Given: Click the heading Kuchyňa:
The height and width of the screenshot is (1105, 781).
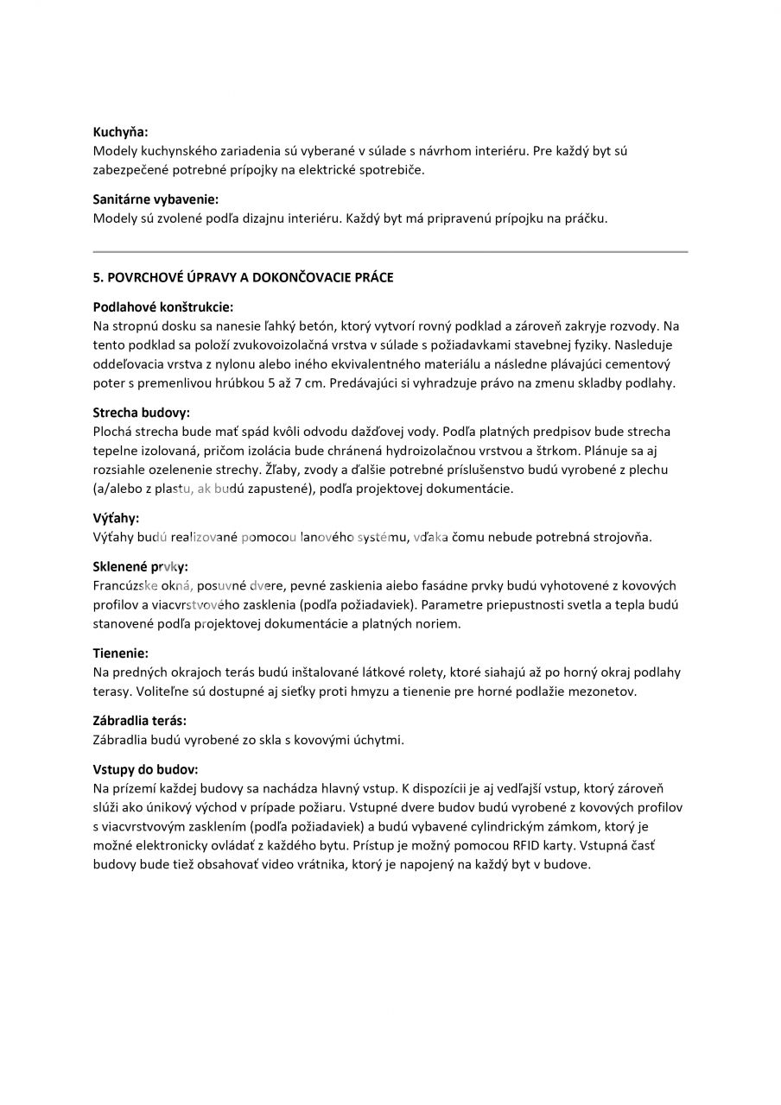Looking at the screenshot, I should (120, 132).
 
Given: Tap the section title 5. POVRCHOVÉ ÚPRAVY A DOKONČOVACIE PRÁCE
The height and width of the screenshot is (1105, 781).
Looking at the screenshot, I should (243, 277).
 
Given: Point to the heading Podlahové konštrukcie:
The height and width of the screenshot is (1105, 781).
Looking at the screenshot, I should (163, 306).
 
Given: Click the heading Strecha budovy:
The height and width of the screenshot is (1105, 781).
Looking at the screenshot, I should (141, 413).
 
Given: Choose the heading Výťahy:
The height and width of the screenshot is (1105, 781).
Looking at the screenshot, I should (116, 519).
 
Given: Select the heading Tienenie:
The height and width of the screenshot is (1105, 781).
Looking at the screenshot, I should (120, 653).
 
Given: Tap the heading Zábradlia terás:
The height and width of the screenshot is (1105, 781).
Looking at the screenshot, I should (140, 720).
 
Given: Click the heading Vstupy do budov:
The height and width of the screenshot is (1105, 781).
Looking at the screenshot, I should (145, 768).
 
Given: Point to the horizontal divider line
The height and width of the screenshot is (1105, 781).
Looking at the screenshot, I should (390, 251).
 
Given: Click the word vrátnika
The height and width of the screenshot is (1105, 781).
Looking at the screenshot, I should (314, 865).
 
